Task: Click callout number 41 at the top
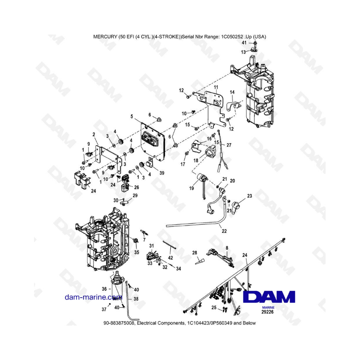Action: pos(244,42)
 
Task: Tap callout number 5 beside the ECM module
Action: pos(131,116)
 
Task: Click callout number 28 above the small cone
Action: pos(195,253)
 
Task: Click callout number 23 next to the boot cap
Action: pos(250,196)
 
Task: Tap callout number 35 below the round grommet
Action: pos(136,252)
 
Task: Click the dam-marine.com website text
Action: pos(93,297)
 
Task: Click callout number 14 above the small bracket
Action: pos(232,92)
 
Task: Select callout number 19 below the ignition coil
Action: pos(191,188)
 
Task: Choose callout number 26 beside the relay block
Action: pos(136,187)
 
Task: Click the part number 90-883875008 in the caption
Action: pos(119,323)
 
